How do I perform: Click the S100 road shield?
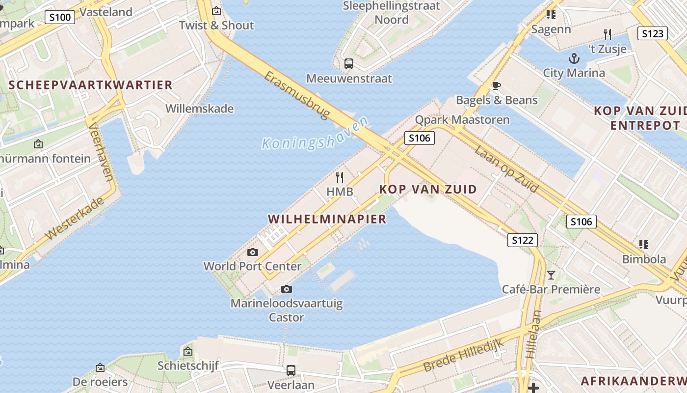[60, 18]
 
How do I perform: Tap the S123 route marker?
[653, 33]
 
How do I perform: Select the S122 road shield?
[522, 240]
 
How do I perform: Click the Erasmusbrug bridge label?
[297, 95]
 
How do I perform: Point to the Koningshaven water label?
[315, 134]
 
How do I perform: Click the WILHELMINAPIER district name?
[327, 219]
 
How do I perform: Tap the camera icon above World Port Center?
[253, 253]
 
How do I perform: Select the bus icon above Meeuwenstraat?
[349, 63]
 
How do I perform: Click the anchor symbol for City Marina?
[574, 59]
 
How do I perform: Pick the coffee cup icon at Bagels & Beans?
[497, 86]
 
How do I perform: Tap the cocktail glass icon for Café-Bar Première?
[551, 275]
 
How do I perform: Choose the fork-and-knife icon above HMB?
[340, 177]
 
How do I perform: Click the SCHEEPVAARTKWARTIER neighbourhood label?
[91, 85]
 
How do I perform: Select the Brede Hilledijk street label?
[463, 355]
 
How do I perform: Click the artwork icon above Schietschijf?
[187, 351]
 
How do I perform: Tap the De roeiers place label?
[100, 382]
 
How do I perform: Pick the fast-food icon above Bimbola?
[644, 244]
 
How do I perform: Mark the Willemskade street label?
[199, 109]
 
